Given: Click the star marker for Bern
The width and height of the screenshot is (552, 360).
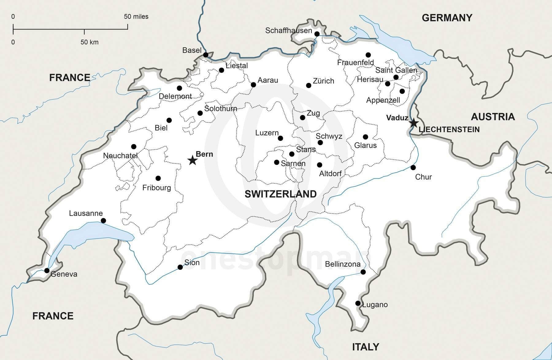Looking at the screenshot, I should click(x=192, y=160).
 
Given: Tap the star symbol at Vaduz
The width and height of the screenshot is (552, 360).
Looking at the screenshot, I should click(x=414, y=123).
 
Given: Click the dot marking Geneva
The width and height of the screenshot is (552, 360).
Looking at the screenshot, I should click(x=47, y=270).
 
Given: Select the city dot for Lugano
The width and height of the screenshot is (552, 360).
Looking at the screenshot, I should click(x=358, y=303).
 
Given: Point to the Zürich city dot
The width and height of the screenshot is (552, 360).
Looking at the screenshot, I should click(x=309, y=85).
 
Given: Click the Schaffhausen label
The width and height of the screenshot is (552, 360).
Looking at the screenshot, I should click(x=288, y=30).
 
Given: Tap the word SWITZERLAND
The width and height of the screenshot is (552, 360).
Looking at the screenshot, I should click(x=280, y=194).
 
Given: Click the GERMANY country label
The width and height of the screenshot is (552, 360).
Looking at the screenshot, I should click(x=447, y=18).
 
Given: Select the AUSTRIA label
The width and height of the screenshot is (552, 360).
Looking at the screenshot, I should click(x=493, y=117).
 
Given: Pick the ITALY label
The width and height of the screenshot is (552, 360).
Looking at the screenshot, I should click(x=366, y=347).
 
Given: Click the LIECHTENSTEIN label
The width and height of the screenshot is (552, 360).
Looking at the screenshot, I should click(x=449, y=130).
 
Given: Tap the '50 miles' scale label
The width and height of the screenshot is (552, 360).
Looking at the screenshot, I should click(x=136, y=17).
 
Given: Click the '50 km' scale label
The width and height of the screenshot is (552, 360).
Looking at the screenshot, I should click(x=89, y=42).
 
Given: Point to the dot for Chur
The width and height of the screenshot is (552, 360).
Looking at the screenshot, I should click(x=413, y=167).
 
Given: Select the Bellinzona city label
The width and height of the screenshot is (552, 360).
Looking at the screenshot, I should click(x=343, y=264).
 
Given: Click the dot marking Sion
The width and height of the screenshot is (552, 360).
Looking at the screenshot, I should click(x=180, y=267).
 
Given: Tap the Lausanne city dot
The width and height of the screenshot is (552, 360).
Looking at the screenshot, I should click(x=103, y=221).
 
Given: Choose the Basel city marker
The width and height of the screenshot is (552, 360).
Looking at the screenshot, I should click(x=206, y=55).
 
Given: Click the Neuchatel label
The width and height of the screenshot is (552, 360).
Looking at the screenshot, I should click(x=120, y=156).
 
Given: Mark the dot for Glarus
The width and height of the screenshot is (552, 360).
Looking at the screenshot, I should click(x=365, y=137).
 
